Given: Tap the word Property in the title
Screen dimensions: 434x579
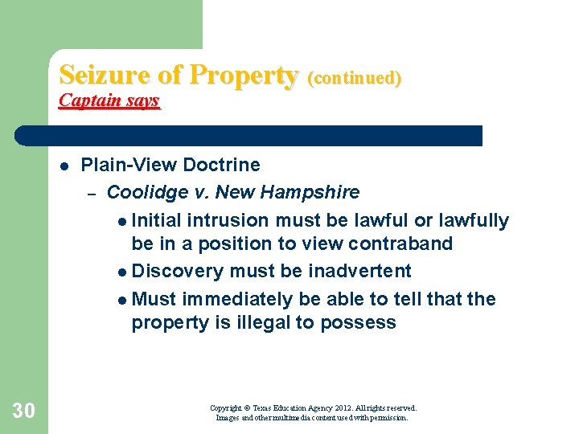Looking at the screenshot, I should pyautogui.click(x=243, y=76).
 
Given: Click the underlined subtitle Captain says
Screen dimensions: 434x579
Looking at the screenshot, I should pyautogui.click(x=109, y=100).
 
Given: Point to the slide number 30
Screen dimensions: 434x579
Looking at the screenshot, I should pyautogui.click(x=24, y=411).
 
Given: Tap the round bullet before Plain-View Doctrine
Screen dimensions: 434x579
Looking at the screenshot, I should pyautogui.click(x=63, y=166).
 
